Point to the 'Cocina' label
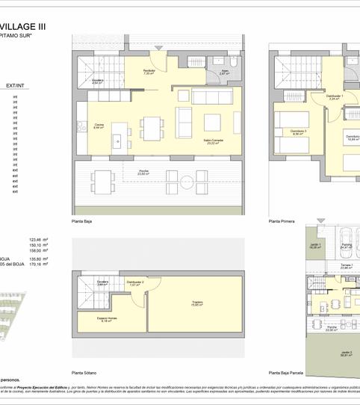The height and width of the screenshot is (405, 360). click(x=99, y=126)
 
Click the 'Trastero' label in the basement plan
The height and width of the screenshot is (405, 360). click(x=197, y=303)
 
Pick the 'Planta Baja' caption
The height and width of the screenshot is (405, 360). click(x=82, y=222)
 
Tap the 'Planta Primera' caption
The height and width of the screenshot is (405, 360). click(x=282, y=222)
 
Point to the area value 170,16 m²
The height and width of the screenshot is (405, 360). click(x=38, y=264)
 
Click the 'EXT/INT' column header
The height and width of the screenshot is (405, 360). click(x=15, y=86)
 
